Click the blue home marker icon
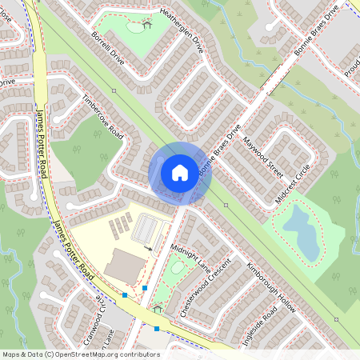pyautogui.click(x=180, y=173)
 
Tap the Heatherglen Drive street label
pyautogui.click(x=170, y=35)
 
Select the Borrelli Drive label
pyautogui.click(x=109, y=50)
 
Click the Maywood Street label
pyautogui.click(x=263, y=157)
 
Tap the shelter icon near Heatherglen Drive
pyautogui.click(x=146, y=25)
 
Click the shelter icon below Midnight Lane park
pyautogui.click(x=157, y=309)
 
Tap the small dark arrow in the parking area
pyautogui.click(x=147, y=249)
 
